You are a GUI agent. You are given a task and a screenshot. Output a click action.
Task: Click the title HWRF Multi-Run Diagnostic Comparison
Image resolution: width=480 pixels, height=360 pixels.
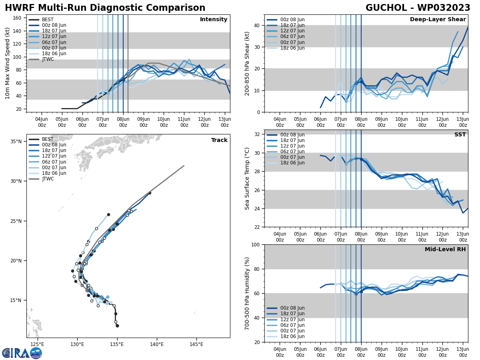[x=105, y=8]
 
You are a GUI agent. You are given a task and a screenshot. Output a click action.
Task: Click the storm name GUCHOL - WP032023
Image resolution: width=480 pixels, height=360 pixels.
[x=418, y=8]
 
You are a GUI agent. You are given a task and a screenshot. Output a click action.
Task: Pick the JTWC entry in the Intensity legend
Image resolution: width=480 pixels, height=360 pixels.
[x=48, y=59]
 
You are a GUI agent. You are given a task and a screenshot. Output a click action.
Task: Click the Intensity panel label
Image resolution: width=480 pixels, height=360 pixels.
[x=214, y=20]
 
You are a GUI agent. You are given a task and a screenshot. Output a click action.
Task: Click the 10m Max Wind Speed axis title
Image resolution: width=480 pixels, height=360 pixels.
[x=7, y=63]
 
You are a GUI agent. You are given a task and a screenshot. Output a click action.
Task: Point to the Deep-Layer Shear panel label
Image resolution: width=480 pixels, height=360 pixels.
[x=438, y=20]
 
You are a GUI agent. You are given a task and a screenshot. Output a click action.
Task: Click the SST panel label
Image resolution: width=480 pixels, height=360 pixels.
[x=460, y=135]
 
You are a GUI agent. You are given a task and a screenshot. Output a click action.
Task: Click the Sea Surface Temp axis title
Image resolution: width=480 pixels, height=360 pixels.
[x=247, y=178]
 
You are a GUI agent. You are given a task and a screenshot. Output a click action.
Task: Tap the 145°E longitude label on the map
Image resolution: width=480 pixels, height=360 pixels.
[x=196, y=344]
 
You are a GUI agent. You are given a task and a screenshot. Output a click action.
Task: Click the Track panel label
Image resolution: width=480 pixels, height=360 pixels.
[x=219, y=140]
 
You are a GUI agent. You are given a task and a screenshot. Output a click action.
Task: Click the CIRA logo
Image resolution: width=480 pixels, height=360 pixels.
[x=22, y=353]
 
